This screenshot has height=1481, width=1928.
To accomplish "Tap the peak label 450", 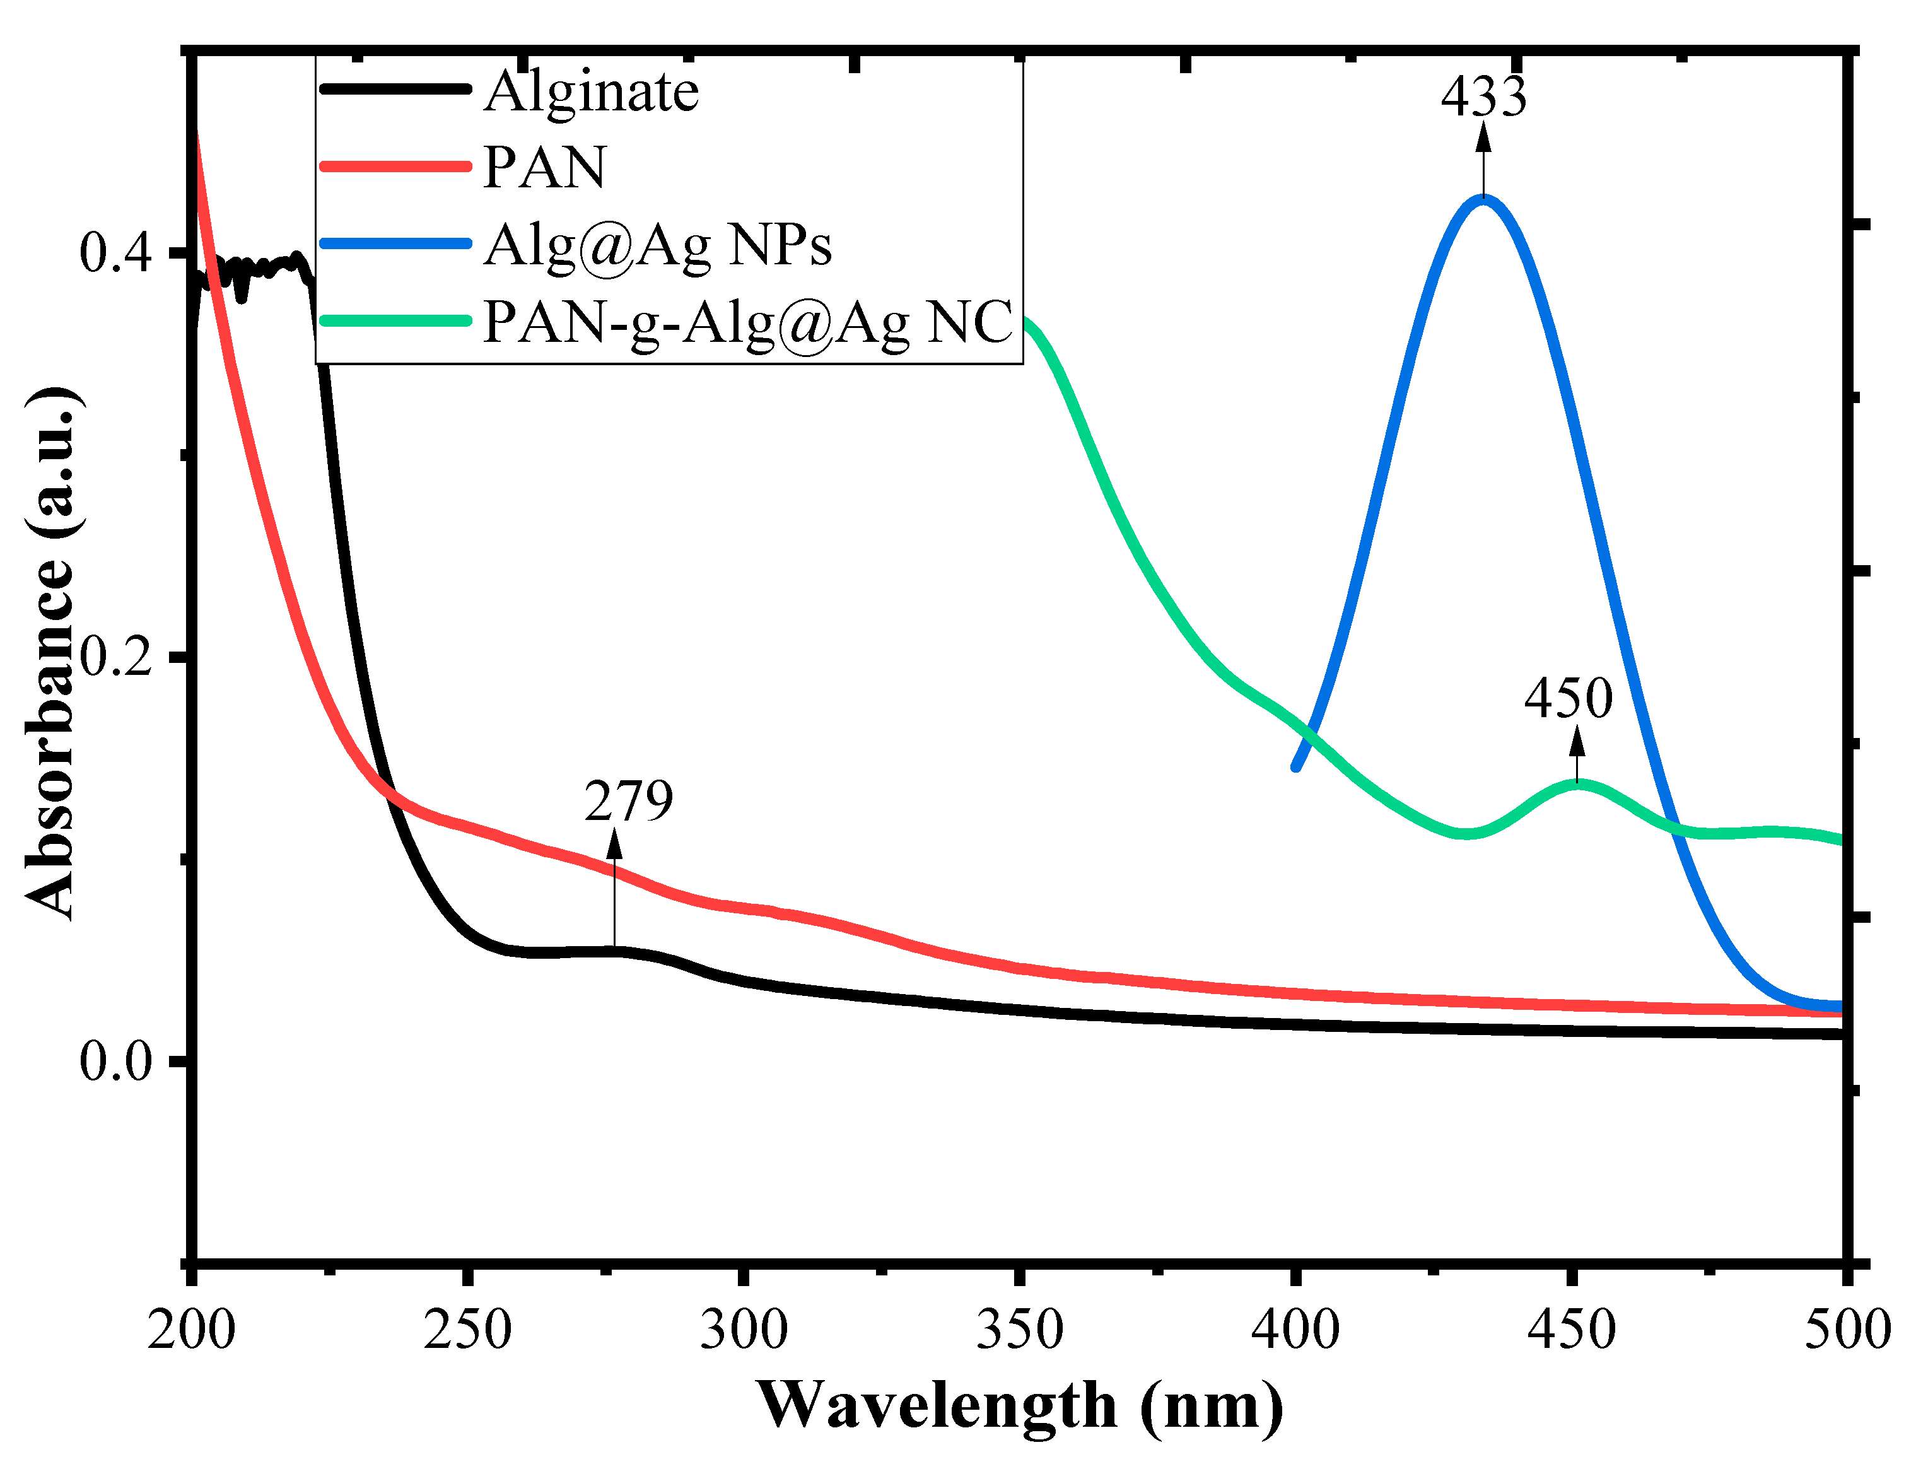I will tap(1569, 698).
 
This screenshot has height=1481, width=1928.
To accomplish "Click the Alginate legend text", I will tap(591, 91).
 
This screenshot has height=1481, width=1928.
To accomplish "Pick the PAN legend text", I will tap(545, 168).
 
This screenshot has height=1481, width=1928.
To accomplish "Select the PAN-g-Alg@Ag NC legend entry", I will tap(747, 322).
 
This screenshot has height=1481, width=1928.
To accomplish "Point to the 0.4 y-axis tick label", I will tap(115, 253).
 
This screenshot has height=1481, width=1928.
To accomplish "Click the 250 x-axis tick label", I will tap(467, 1330).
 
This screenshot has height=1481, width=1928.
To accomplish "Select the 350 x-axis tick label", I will tap(1019, 1330).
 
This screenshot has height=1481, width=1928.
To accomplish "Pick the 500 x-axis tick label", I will tap(1847, 1330).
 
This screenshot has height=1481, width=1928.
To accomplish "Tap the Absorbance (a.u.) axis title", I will tap(50, 652).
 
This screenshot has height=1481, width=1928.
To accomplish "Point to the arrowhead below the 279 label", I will tap(614, 845).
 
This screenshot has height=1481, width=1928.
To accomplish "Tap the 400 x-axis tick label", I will tap(1295, 1330).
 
